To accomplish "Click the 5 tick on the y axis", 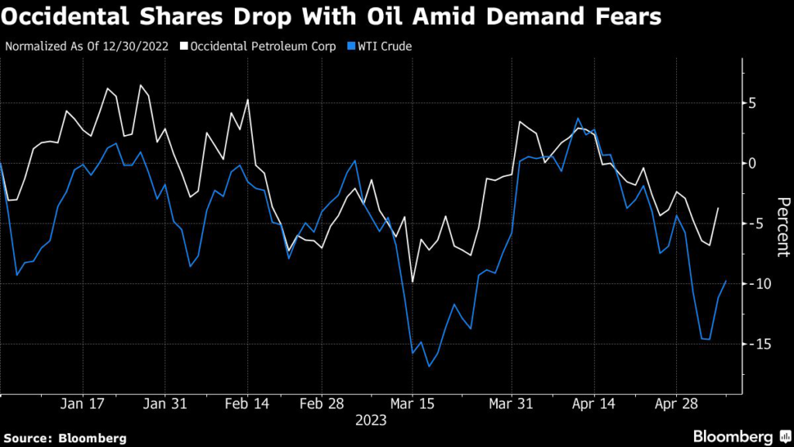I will tap(752, 103).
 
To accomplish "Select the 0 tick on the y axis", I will tap(752, 163).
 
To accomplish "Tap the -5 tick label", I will tap(750, 223).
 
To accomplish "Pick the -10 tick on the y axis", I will tap(747, 283).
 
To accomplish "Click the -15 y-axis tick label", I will tap(747, 343).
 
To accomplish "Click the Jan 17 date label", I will tap(82, 404).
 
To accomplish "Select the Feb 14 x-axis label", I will tap(247, 404).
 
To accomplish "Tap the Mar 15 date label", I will tap(411, 404).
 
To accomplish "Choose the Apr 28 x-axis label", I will tap(675, 404).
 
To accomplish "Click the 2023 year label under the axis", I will tap(371, 421).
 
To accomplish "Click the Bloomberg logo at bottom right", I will tap(735, 437).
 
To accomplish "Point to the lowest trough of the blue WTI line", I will tap(429, 366).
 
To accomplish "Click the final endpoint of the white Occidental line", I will tap(718, 208).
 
